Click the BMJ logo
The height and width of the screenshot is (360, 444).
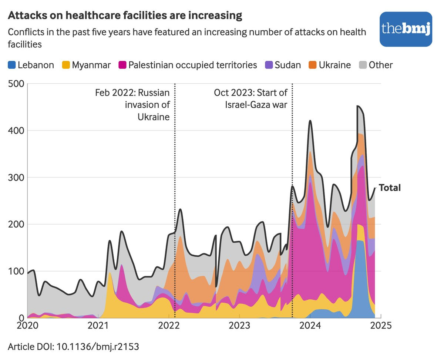406,29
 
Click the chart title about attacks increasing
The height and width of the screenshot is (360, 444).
125,16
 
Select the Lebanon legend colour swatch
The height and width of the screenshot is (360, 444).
12,65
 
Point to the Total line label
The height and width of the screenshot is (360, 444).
390,188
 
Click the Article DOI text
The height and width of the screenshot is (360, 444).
74,347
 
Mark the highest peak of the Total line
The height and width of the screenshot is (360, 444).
358,106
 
